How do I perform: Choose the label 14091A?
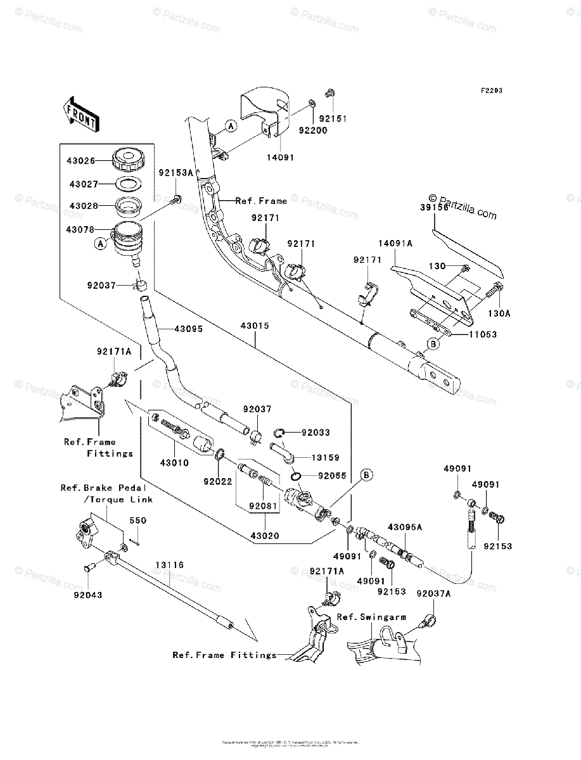[x=395, y=243]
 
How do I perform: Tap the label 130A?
[x=497, y=313]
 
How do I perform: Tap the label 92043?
[x=87, y=595]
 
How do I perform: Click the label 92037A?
[x=433, y=593]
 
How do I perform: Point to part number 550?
[x=138, y=521]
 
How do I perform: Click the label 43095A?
[x=405, y=527]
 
